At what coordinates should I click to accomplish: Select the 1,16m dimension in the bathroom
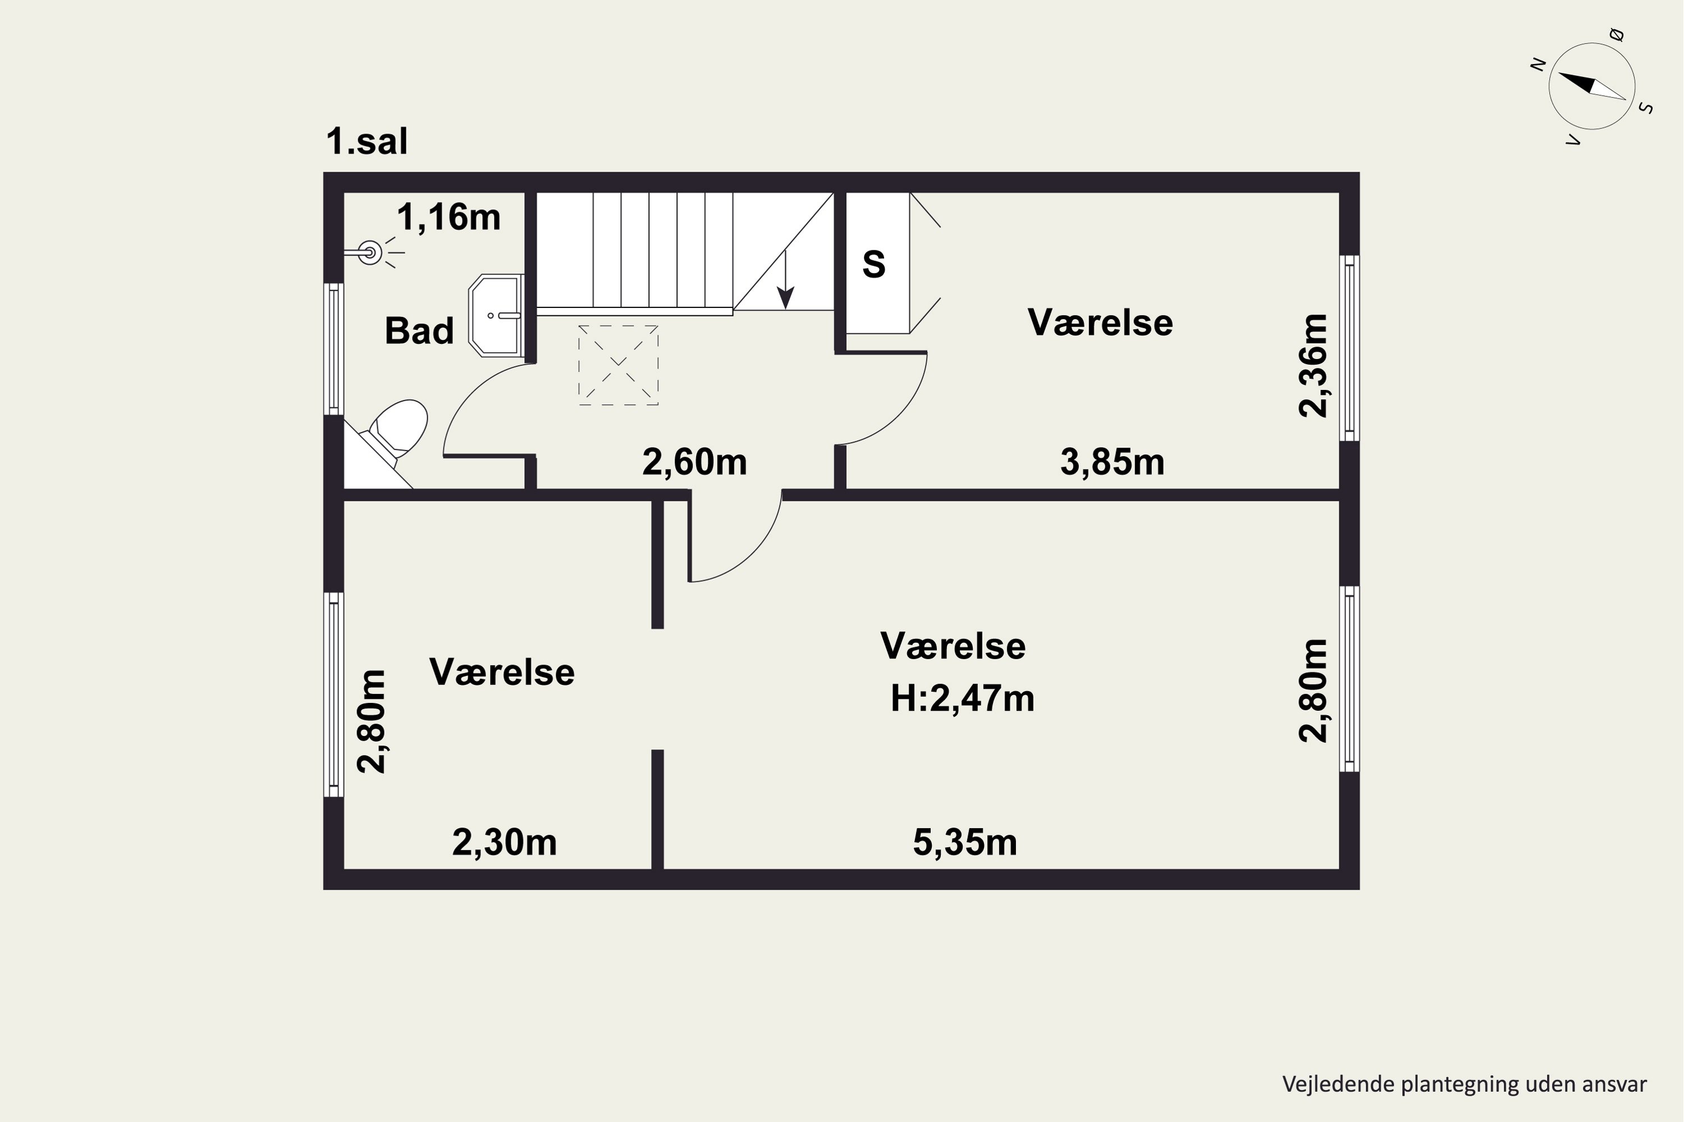[x=448, y=217]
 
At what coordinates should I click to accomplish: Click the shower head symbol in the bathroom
[x=369, y=252]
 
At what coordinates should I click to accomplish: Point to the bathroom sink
[x=496, y=315]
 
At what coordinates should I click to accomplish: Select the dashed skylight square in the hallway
[x=618, y=366]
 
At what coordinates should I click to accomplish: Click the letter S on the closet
[x=873, y=265]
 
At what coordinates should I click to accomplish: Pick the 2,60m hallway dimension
[x=694, y=462]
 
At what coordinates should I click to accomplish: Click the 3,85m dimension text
[x=1112, y=462]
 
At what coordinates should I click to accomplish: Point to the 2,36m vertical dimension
[x=1313, y=366]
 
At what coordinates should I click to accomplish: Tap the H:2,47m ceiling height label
[x=962, y=698]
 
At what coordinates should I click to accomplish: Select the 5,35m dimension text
[x=964, y=842]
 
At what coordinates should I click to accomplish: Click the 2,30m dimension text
[x=504, y=842]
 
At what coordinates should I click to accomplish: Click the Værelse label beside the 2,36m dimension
[x=1100, y=323]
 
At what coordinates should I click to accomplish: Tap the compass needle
[x=1591, y=85]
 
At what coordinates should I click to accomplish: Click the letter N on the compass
[x=1537, y=64]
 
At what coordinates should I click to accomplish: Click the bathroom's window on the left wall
[x=333, y=348]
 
